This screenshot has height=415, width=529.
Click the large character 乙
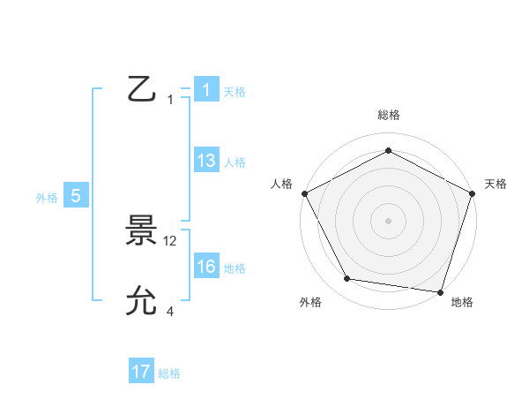141,90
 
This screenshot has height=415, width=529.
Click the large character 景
141,232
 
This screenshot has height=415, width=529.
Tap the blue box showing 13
206,161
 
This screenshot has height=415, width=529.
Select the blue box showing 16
206,268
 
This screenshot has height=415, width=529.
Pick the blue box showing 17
141,372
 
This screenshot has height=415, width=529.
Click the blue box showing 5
76,197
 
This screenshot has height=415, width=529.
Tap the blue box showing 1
206,90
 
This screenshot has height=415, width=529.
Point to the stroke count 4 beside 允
170,311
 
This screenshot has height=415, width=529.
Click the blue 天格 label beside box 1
235,92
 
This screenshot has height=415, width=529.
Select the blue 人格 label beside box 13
235,162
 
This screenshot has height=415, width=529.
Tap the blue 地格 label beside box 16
235,268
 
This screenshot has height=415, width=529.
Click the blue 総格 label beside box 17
169,373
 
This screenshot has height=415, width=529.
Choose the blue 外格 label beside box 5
47,199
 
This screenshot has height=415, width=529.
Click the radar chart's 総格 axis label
388,115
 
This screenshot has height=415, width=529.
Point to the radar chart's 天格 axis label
495,184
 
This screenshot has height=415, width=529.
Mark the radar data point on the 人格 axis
304,192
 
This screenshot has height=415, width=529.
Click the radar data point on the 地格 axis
440,291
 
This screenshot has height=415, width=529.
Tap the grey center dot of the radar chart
388,220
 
